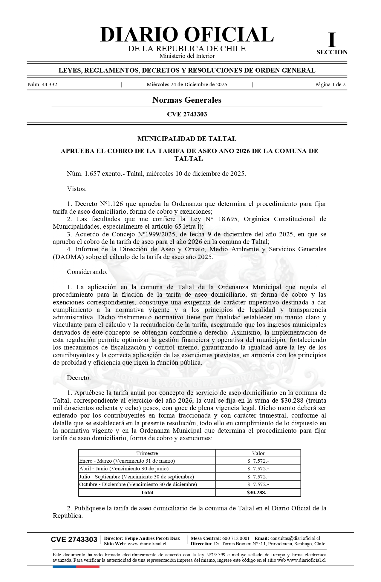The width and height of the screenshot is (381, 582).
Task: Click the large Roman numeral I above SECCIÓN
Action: click(x=332, y=40)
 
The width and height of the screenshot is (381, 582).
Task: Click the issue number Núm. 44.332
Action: click(x=42, y=84)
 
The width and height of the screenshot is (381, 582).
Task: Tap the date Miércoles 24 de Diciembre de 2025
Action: click(x=187, y=84)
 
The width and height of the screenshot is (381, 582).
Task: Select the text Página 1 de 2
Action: click(x=330, y=84)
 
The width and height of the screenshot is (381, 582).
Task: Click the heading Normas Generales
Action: click(x=187, y=100)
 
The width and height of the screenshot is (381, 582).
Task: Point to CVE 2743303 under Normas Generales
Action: click(x=187, y=114)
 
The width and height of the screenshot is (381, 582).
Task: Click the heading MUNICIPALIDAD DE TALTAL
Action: click(x=187, y=139)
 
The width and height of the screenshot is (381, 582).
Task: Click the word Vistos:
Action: click(x=77, y=189)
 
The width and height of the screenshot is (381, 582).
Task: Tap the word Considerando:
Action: click(x=87, y=272)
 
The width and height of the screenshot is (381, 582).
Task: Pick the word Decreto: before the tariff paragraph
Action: click(x=79, y=378)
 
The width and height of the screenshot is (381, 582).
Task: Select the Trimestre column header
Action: click(x=147, y=453)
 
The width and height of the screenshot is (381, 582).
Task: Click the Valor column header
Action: click(x=258, y=453)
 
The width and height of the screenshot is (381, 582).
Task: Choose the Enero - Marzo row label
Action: click(x=127, y=461)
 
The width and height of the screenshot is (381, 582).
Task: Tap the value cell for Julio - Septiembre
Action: click(x=258, y=477)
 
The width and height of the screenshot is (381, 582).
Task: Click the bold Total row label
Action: click(x=147, y=492)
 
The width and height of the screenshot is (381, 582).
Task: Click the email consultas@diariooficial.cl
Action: click(x=295, y=538)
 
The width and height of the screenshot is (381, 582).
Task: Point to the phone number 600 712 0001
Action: click(x=236, y=538)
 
